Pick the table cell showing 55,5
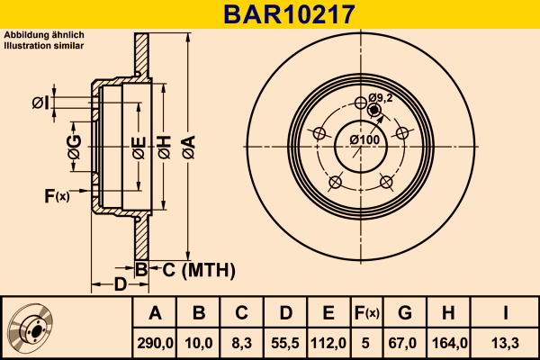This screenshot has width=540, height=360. (x=285, y=342)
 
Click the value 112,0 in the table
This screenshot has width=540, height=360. (x=328, y=342)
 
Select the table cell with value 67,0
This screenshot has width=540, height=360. (x=405, y=342)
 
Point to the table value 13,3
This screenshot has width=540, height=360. (x=506, y=342)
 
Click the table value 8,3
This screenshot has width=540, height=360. (x=242, y=342)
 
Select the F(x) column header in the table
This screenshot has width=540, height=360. (x=366, y=313)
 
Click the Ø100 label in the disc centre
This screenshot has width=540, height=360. (x=364, y=139)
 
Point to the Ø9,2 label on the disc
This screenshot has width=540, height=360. (x=382, y=97)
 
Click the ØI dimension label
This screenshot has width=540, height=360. (x=40, y=103)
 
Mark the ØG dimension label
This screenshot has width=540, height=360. (x=75, y=146)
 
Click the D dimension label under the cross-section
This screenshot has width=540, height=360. (x=120, y=286)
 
